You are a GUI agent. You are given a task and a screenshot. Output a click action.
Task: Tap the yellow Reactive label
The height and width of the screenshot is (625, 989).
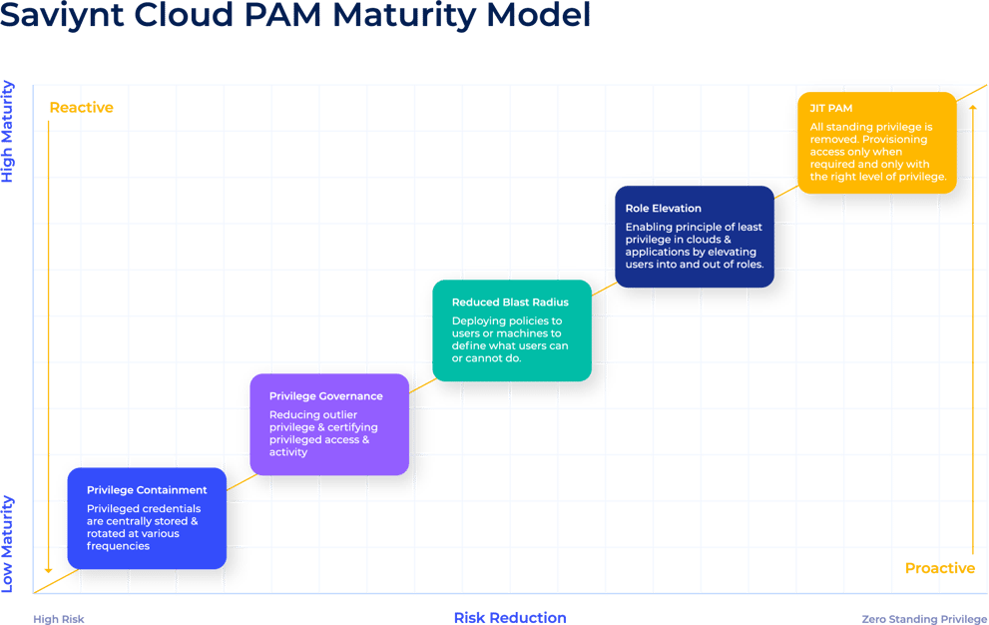(81, 107)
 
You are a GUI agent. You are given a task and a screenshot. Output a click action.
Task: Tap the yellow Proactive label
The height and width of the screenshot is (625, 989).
(939, 568)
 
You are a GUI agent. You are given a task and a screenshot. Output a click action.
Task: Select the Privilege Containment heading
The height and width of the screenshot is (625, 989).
(147, 490)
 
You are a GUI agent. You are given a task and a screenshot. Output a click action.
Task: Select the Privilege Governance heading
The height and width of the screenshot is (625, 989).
(325, 396)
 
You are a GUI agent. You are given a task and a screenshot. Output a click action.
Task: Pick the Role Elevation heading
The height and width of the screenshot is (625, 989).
(663, 209)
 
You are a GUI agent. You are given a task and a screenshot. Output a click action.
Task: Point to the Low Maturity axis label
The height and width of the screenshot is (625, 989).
(8, 544)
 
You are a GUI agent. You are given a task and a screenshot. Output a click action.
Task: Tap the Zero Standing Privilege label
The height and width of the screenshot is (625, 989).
(924, 619)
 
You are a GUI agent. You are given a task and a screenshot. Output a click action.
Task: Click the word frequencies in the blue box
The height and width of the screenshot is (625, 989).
(118, 546)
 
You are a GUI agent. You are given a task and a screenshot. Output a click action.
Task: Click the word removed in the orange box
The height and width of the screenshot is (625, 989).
(832, 141)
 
